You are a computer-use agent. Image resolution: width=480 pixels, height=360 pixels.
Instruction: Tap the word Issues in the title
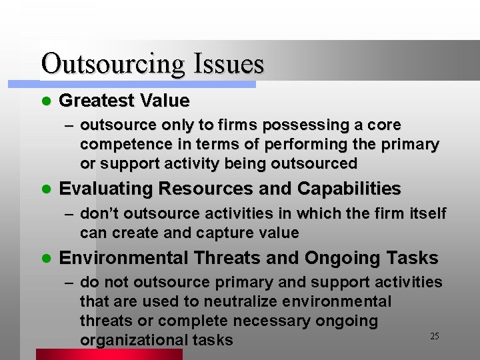tap(229, 64)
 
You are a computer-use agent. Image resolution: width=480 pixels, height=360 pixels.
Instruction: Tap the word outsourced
tap(315, 163)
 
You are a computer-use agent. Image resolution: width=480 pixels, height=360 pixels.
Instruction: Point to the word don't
tap(100, 213)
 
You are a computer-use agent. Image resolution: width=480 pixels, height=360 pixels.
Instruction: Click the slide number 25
tap(434, 336)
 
